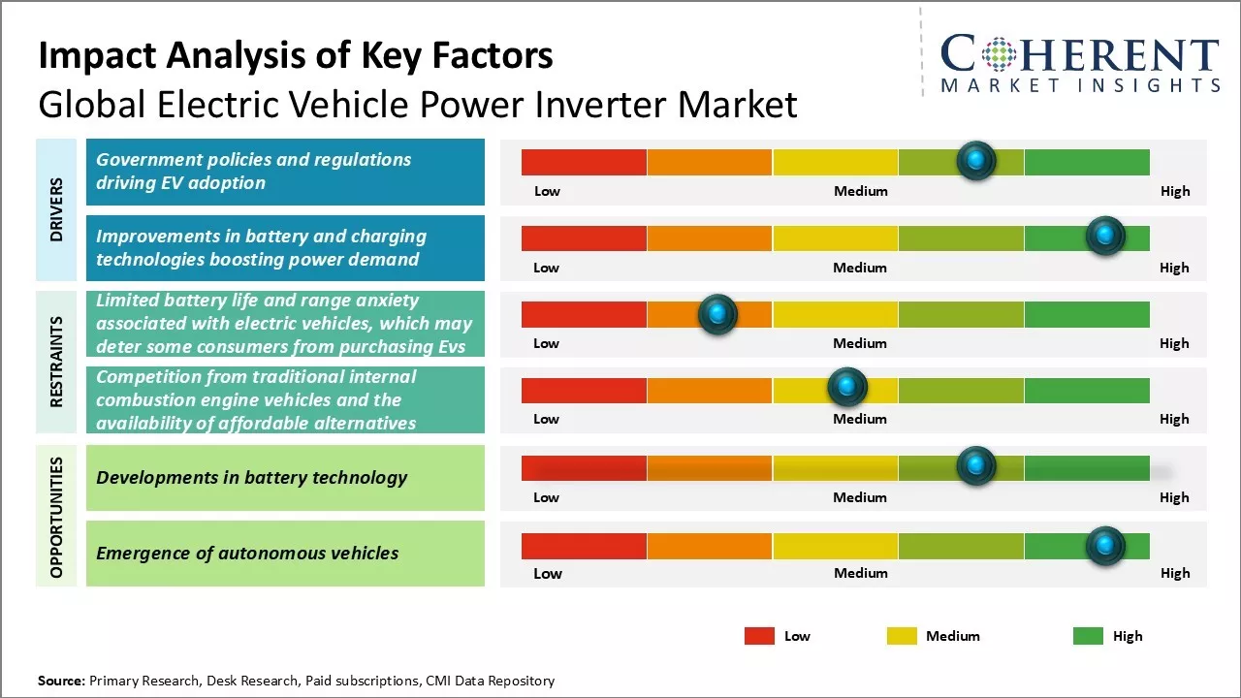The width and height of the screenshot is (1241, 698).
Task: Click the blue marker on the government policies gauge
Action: coord(976,160)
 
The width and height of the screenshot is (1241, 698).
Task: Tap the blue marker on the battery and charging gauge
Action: coord(1104,236)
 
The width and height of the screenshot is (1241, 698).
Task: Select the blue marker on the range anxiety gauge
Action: coord(717,313)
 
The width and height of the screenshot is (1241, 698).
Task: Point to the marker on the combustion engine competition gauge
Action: coord(847,388)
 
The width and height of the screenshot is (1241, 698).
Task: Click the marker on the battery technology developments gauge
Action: coord(976,466)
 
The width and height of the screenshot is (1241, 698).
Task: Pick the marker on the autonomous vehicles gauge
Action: coord(1104,546)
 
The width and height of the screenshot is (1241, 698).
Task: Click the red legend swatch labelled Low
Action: coord(759,636)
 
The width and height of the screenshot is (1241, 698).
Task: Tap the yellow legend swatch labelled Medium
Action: coord(902,636)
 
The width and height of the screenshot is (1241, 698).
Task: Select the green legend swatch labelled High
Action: coord(1088,636)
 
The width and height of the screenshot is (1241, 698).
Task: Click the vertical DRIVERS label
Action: coord(56,209)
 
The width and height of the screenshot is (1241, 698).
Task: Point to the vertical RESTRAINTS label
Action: coord(56,362)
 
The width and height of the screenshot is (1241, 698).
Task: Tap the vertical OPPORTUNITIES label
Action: coord(56,517)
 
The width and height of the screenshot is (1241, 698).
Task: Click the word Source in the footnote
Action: coord(61,681)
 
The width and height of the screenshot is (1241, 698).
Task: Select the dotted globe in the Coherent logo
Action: coord(998,54)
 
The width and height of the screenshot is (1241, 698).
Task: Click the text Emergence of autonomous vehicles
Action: coord(247,554)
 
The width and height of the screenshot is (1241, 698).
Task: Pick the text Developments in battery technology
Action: coord(252,477)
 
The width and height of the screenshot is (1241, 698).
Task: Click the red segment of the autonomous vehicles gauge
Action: coord(584,546)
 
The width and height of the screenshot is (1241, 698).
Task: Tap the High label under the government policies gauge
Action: coord(1175,191)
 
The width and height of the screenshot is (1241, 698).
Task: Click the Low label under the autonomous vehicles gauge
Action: coord(548,573)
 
